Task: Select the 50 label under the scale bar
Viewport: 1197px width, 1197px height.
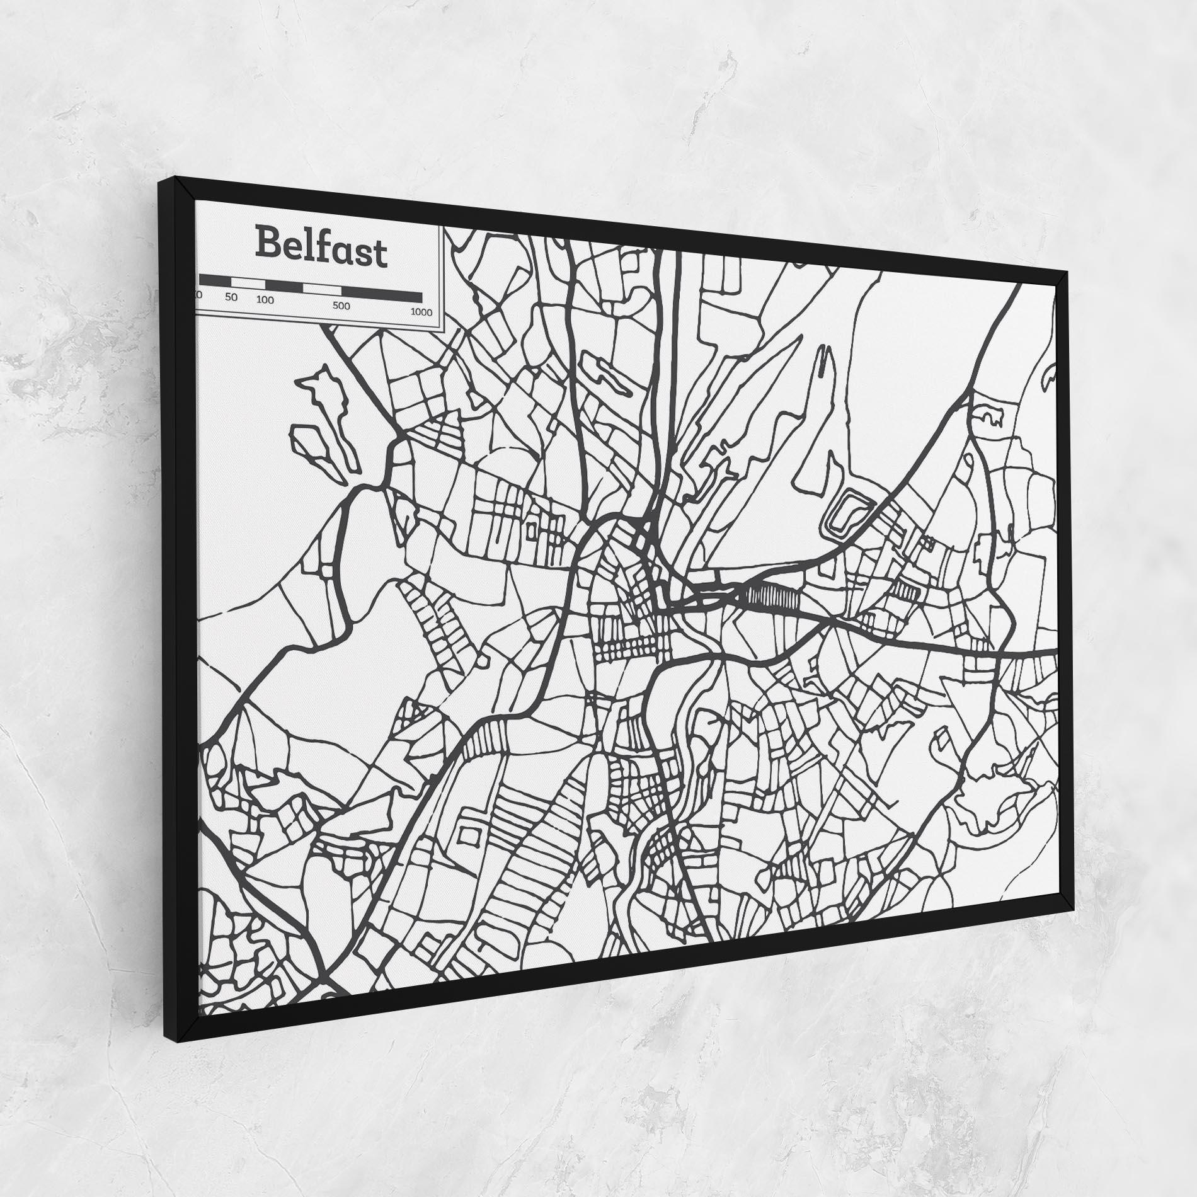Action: pyautogui.click(x=231, y=297)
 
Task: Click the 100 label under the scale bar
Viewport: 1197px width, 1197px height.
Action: pyautogui.click(x=265, y=300)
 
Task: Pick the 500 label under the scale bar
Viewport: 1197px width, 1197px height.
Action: pyautogui.click(x=341, y=306)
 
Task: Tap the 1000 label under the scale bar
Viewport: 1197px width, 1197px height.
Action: pyautogui.click(x=420, y=312)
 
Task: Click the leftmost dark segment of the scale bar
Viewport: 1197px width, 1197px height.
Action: pyautogui.click(x=214, y=280)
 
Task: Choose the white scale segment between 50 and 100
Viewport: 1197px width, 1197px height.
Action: pyautogui.click(x=248, y=283)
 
